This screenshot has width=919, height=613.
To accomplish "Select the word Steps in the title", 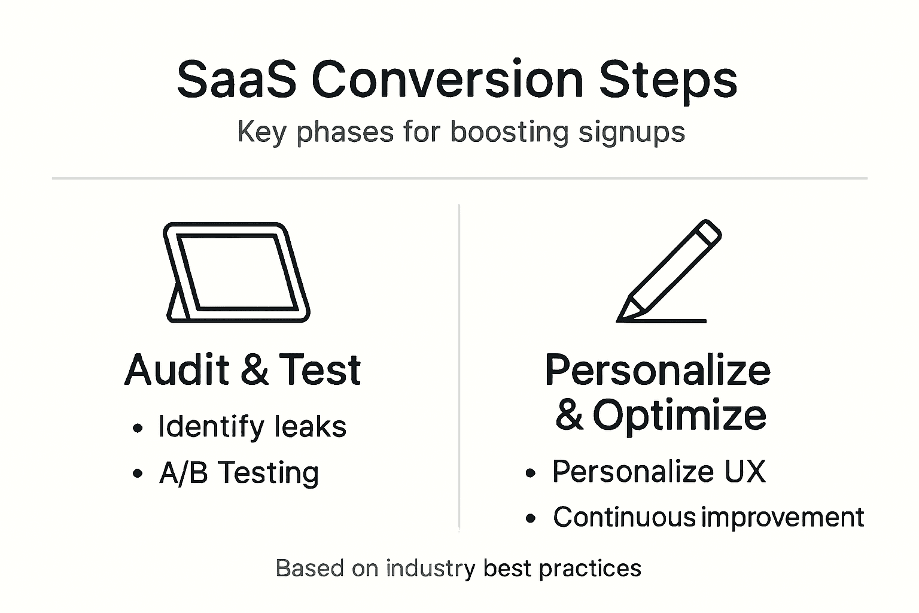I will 668,80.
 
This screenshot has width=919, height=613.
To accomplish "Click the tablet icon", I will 237,273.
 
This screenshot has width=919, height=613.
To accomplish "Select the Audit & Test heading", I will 242,369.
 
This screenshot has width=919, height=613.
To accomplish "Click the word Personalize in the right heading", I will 658,370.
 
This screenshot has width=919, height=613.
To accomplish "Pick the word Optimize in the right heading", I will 680,415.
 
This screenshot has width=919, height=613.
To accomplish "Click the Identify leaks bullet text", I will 252,427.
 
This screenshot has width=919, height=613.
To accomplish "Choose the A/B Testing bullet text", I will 239,473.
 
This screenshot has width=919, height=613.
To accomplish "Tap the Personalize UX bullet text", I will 659,471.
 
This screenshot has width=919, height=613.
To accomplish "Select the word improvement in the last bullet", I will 783,517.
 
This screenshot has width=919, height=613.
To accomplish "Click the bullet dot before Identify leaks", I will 138,428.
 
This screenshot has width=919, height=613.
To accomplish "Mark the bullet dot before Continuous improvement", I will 530,518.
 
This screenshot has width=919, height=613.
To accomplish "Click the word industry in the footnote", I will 430,568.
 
